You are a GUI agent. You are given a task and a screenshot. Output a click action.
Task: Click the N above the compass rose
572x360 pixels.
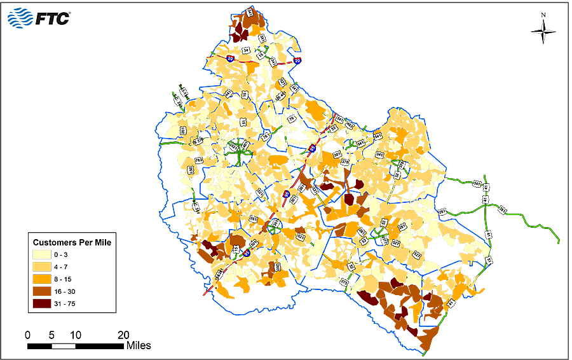click(x=543, y=15)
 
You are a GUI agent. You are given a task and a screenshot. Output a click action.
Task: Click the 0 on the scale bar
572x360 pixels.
click(x=27, y=335)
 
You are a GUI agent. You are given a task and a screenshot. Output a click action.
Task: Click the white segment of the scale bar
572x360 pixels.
click(x=64, y=346)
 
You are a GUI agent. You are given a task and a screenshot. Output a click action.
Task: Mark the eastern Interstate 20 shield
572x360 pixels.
click(x=297, y=61)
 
